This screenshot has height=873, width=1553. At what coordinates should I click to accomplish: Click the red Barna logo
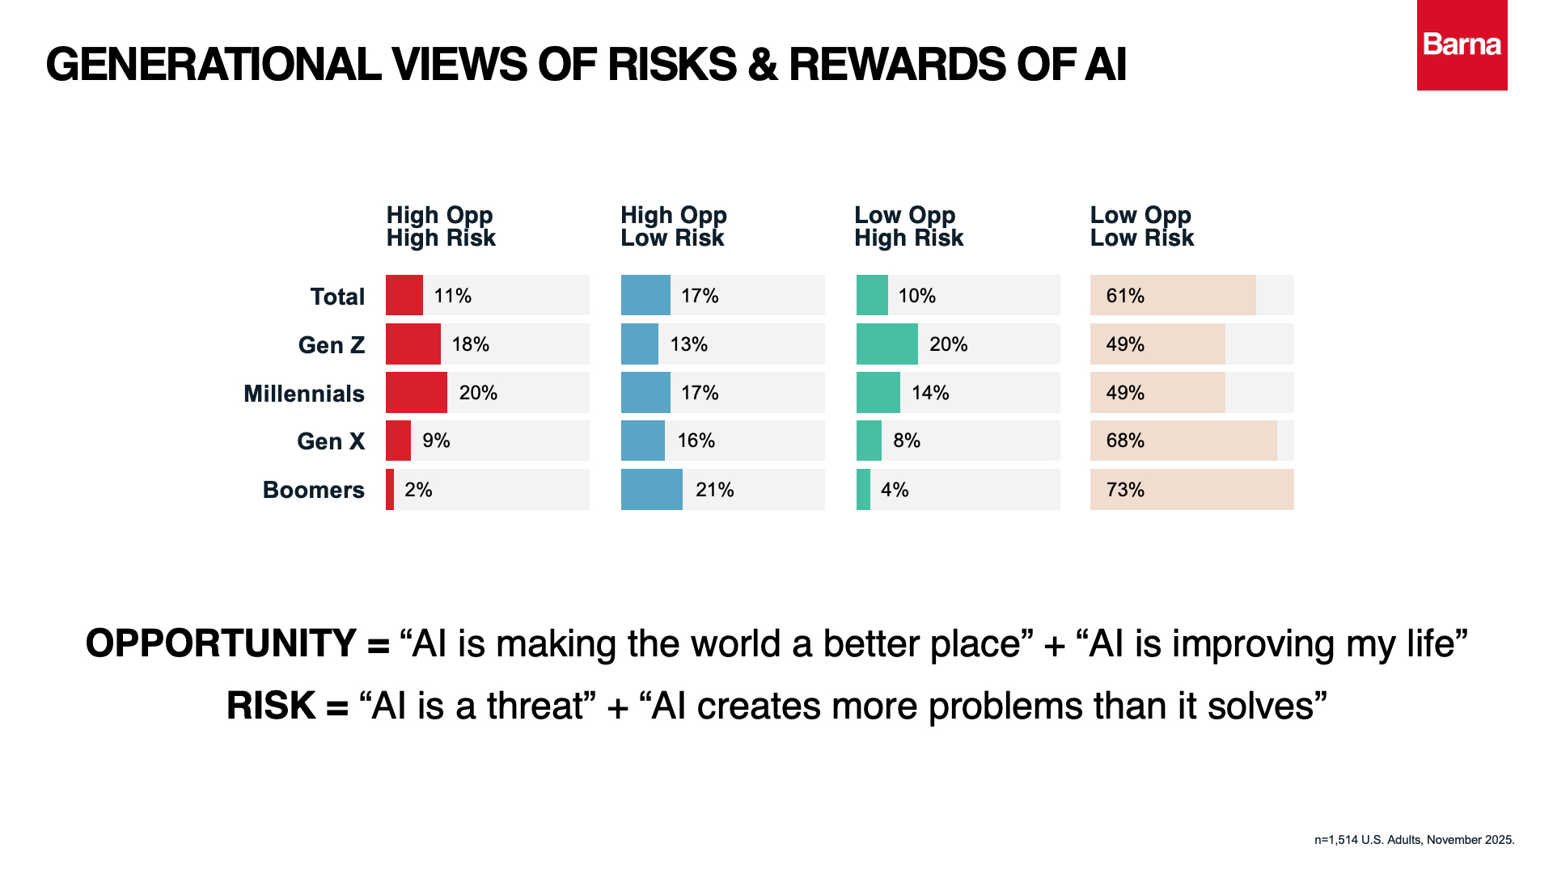tap(1462, 45)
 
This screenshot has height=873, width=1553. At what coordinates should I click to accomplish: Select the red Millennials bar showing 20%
tap(416, 393)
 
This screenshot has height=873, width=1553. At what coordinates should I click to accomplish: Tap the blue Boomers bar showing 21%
tap(651, 490)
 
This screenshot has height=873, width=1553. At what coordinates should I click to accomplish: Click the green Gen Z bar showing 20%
tap(887, 344)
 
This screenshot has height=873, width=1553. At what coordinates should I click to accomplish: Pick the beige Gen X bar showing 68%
tap(1183, 441)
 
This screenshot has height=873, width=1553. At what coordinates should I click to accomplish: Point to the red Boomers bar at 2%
tap(390, 490)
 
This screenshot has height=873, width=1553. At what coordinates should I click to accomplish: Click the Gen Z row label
tap(331, 345)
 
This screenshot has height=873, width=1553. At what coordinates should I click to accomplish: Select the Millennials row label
tap(304, 394)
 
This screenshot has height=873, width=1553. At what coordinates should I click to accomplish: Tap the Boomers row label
tap(313, 490)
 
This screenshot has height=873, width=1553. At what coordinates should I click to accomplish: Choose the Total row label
tap(337, 297)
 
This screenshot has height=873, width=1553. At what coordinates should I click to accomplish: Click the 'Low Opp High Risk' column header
tap(908, 226)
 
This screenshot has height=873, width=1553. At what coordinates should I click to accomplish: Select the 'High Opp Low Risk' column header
tap(673, 226)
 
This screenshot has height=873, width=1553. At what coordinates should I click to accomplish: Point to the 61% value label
tap(1125, 296)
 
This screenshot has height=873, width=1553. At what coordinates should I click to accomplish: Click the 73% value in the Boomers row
tap(1125, 490)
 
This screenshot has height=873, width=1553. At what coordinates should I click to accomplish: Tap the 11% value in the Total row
tap(452, 296)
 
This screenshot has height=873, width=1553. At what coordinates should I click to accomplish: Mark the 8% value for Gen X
tap(907, 441)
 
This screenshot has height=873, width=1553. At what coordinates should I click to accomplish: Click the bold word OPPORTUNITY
tap(221, 644)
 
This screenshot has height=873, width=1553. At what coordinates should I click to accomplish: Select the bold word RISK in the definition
tap(270, 706)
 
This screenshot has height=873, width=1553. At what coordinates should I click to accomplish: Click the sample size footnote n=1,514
tap(1414, 840)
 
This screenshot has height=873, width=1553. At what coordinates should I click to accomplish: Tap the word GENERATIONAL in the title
tap(214, 65)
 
